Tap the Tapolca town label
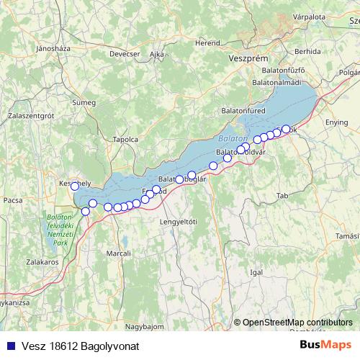coord(125,139)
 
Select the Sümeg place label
coord(84,102)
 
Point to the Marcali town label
coord(118,253)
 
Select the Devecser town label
coord(125,53)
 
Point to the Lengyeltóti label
coord(179,221)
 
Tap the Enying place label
coord(336,123)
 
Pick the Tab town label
coord(282,195)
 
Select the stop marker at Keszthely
coord(75,186)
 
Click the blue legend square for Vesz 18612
coord(10,346)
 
